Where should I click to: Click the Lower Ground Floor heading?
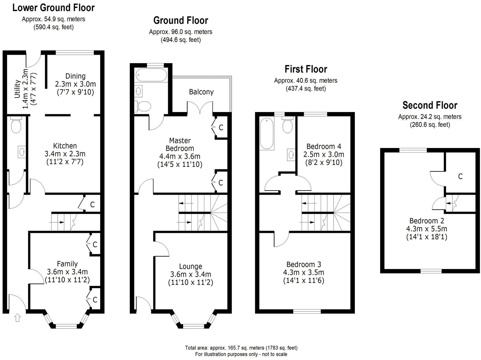pos(54,8)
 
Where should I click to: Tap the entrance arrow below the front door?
pos(18,318)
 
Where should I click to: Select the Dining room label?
pos(75,76)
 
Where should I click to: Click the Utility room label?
pos(18,89)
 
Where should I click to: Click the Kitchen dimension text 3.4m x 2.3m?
pos(65,154)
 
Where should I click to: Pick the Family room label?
pos(67,264)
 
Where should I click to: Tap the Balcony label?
pos(201,92)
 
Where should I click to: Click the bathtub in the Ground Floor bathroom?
pos(151,75)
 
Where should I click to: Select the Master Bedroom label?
pos(180,144)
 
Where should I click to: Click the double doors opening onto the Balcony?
pos(200,108)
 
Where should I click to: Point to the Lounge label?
pos(191,266)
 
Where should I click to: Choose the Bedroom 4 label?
pos(324,146)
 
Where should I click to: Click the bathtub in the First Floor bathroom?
pos(267,133)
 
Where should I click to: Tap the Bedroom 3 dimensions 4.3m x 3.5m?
pos(304,272)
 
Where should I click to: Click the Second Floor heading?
pos(430,105)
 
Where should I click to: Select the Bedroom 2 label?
pos(427,221)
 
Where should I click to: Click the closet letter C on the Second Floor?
pos(460,176)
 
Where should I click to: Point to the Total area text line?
pos(241,348)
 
